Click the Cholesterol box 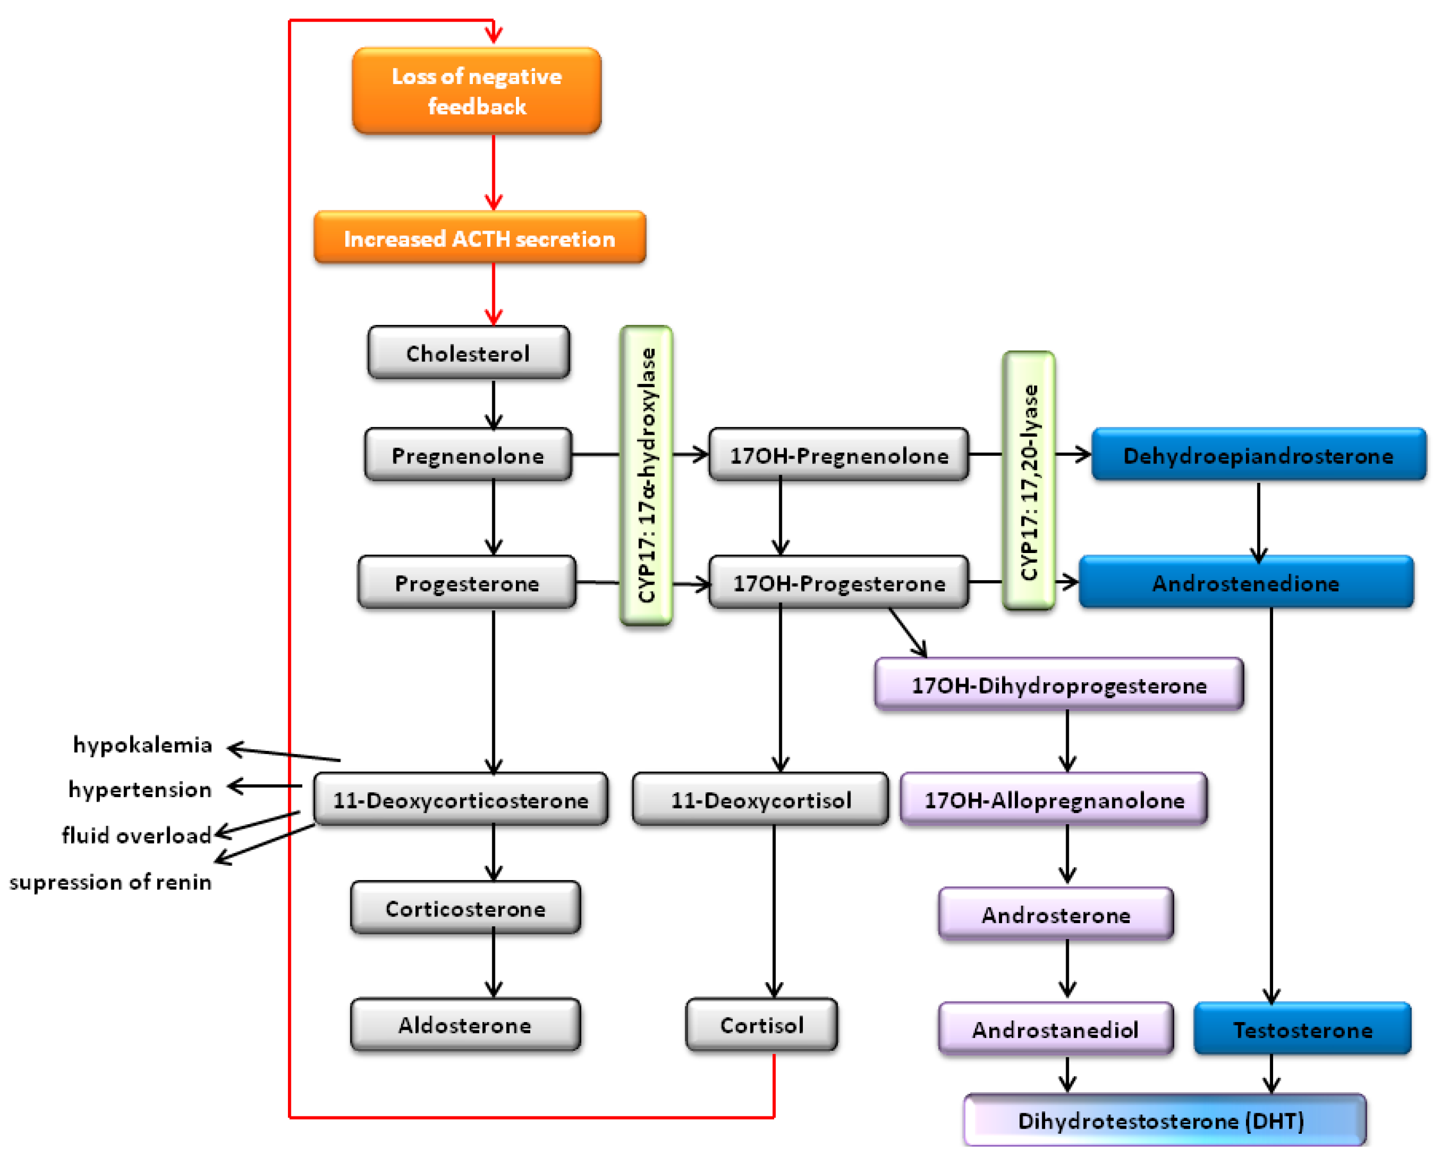(x=468, y=353)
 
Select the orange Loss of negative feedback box (x=476, y=91)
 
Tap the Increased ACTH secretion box (x=480, y=238)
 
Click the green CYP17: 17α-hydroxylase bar (x=646, y=475)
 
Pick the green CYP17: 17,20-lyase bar (x=1028, y=481)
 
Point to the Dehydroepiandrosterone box (x=1258, y=455)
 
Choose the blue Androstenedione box (x=1245, y=582)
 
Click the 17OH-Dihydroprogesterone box (x=1059, y=685)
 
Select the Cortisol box (x=761, y=1025)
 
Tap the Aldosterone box (x=465, y=1025)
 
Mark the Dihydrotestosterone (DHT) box (x=1164, y=1120)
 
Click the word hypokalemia (x=142, y=744)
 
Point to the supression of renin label (x=110, y=882)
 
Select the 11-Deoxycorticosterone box (x=461, y=799)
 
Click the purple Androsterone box (x=1056, y=914)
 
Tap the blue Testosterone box (x=1302, y=1029)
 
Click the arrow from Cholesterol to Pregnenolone (x=494, y=403)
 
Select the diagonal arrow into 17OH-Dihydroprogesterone (x=907, y=633)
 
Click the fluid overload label (x=136, y=834)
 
